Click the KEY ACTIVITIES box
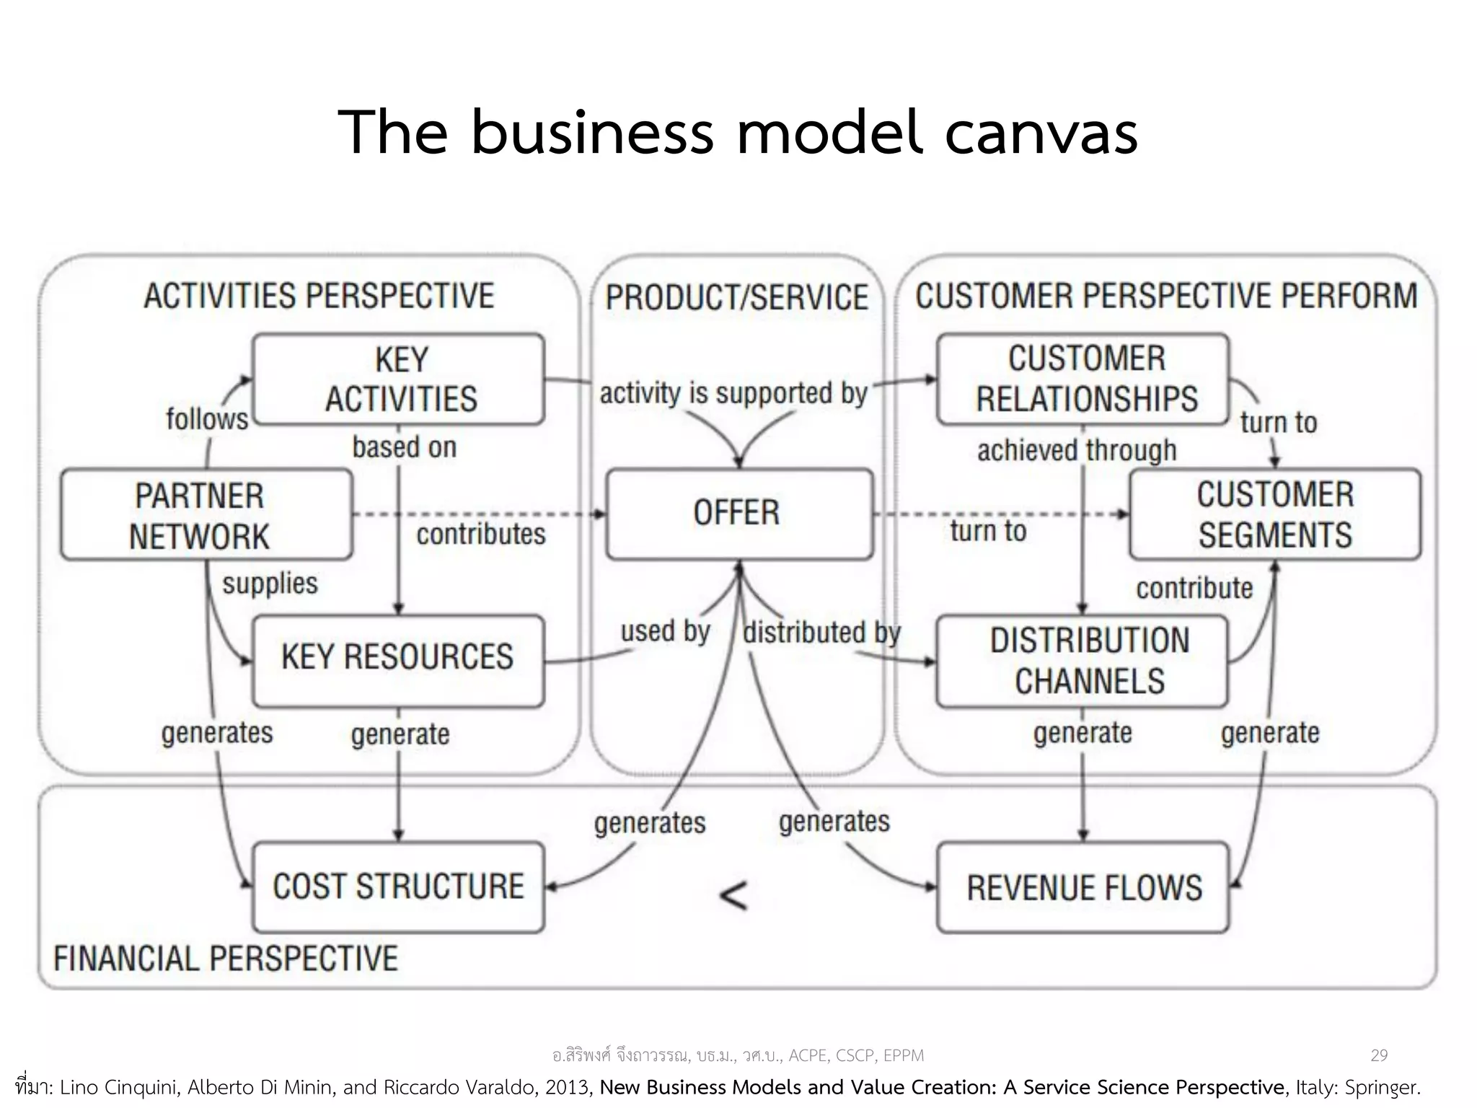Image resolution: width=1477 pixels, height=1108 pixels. [399, 379]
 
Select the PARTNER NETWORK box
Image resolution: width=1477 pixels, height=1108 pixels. [206, 515]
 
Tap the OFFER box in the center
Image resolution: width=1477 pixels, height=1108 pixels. [738, 514]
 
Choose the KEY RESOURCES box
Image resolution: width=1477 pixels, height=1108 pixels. [398, 660]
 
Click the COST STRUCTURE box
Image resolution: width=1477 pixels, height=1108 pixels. [398, 887]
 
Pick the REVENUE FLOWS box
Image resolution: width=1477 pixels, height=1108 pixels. [1082, 887]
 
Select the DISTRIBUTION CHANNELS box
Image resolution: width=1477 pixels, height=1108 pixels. [1082, 661]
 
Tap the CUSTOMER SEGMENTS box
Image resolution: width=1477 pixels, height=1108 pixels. [1275, 514]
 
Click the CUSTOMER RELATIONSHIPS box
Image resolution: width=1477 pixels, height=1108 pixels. [1083, 379]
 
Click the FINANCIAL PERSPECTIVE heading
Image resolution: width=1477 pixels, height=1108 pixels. [226, 959]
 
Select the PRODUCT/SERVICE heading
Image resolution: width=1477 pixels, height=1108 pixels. [737, 298]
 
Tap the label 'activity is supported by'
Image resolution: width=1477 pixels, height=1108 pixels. [733, 394]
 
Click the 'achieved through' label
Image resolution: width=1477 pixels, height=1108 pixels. [1077, 450]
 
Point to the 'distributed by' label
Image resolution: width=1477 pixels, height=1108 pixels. [822, 633]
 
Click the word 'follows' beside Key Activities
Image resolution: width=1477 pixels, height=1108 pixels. [206, 419]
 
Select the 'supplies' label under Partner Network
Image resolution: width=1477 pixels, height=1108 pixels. [270, 583]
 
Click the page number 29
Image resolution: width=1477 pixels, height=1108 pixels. [1378, 1055]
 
